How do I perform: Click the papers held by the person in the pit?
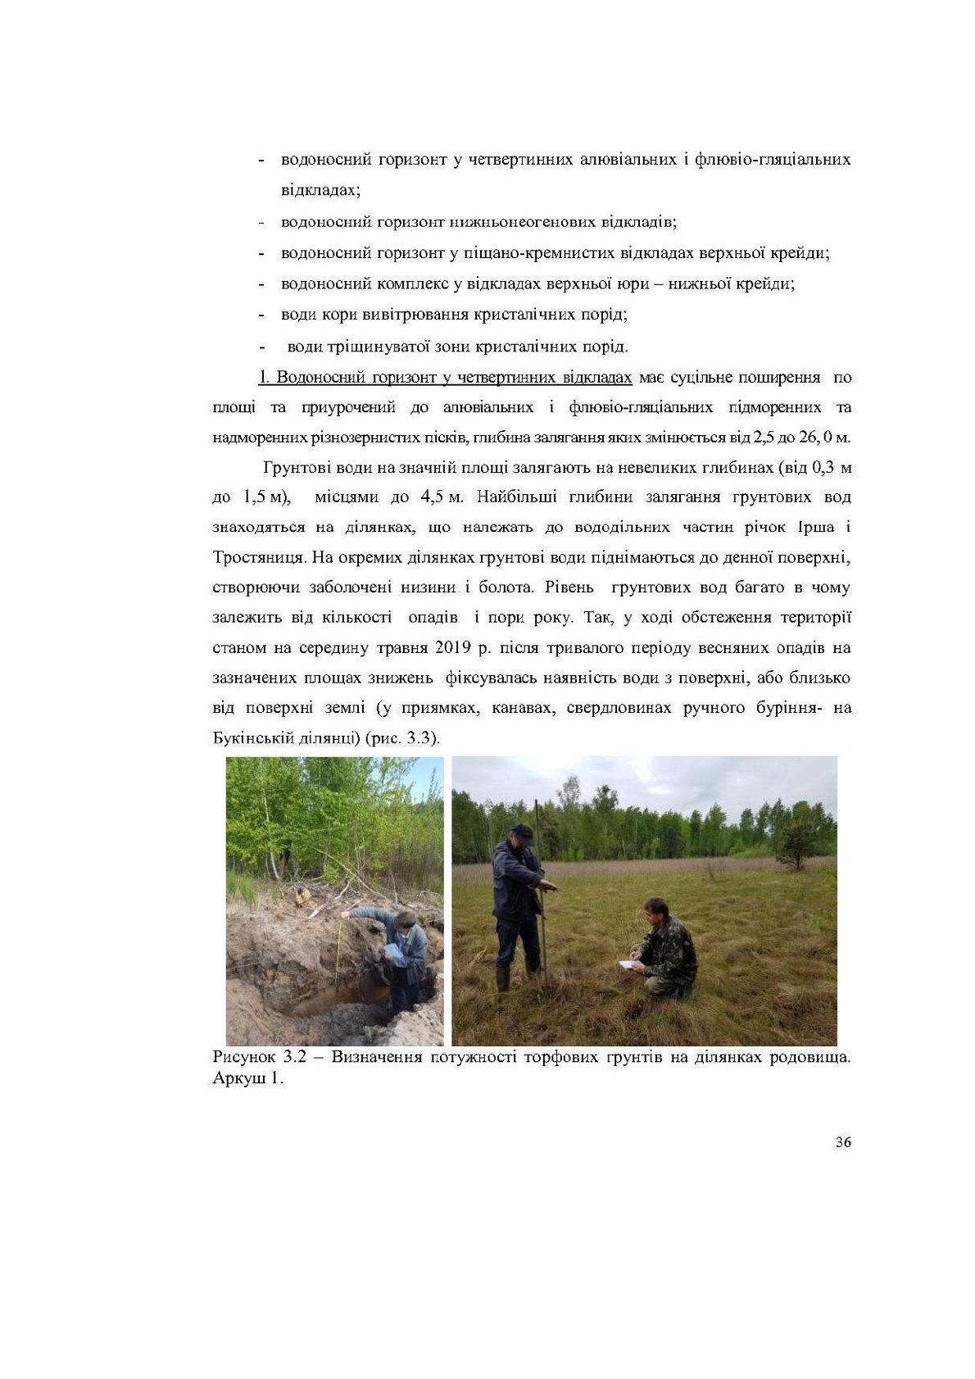pos(392,951)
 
